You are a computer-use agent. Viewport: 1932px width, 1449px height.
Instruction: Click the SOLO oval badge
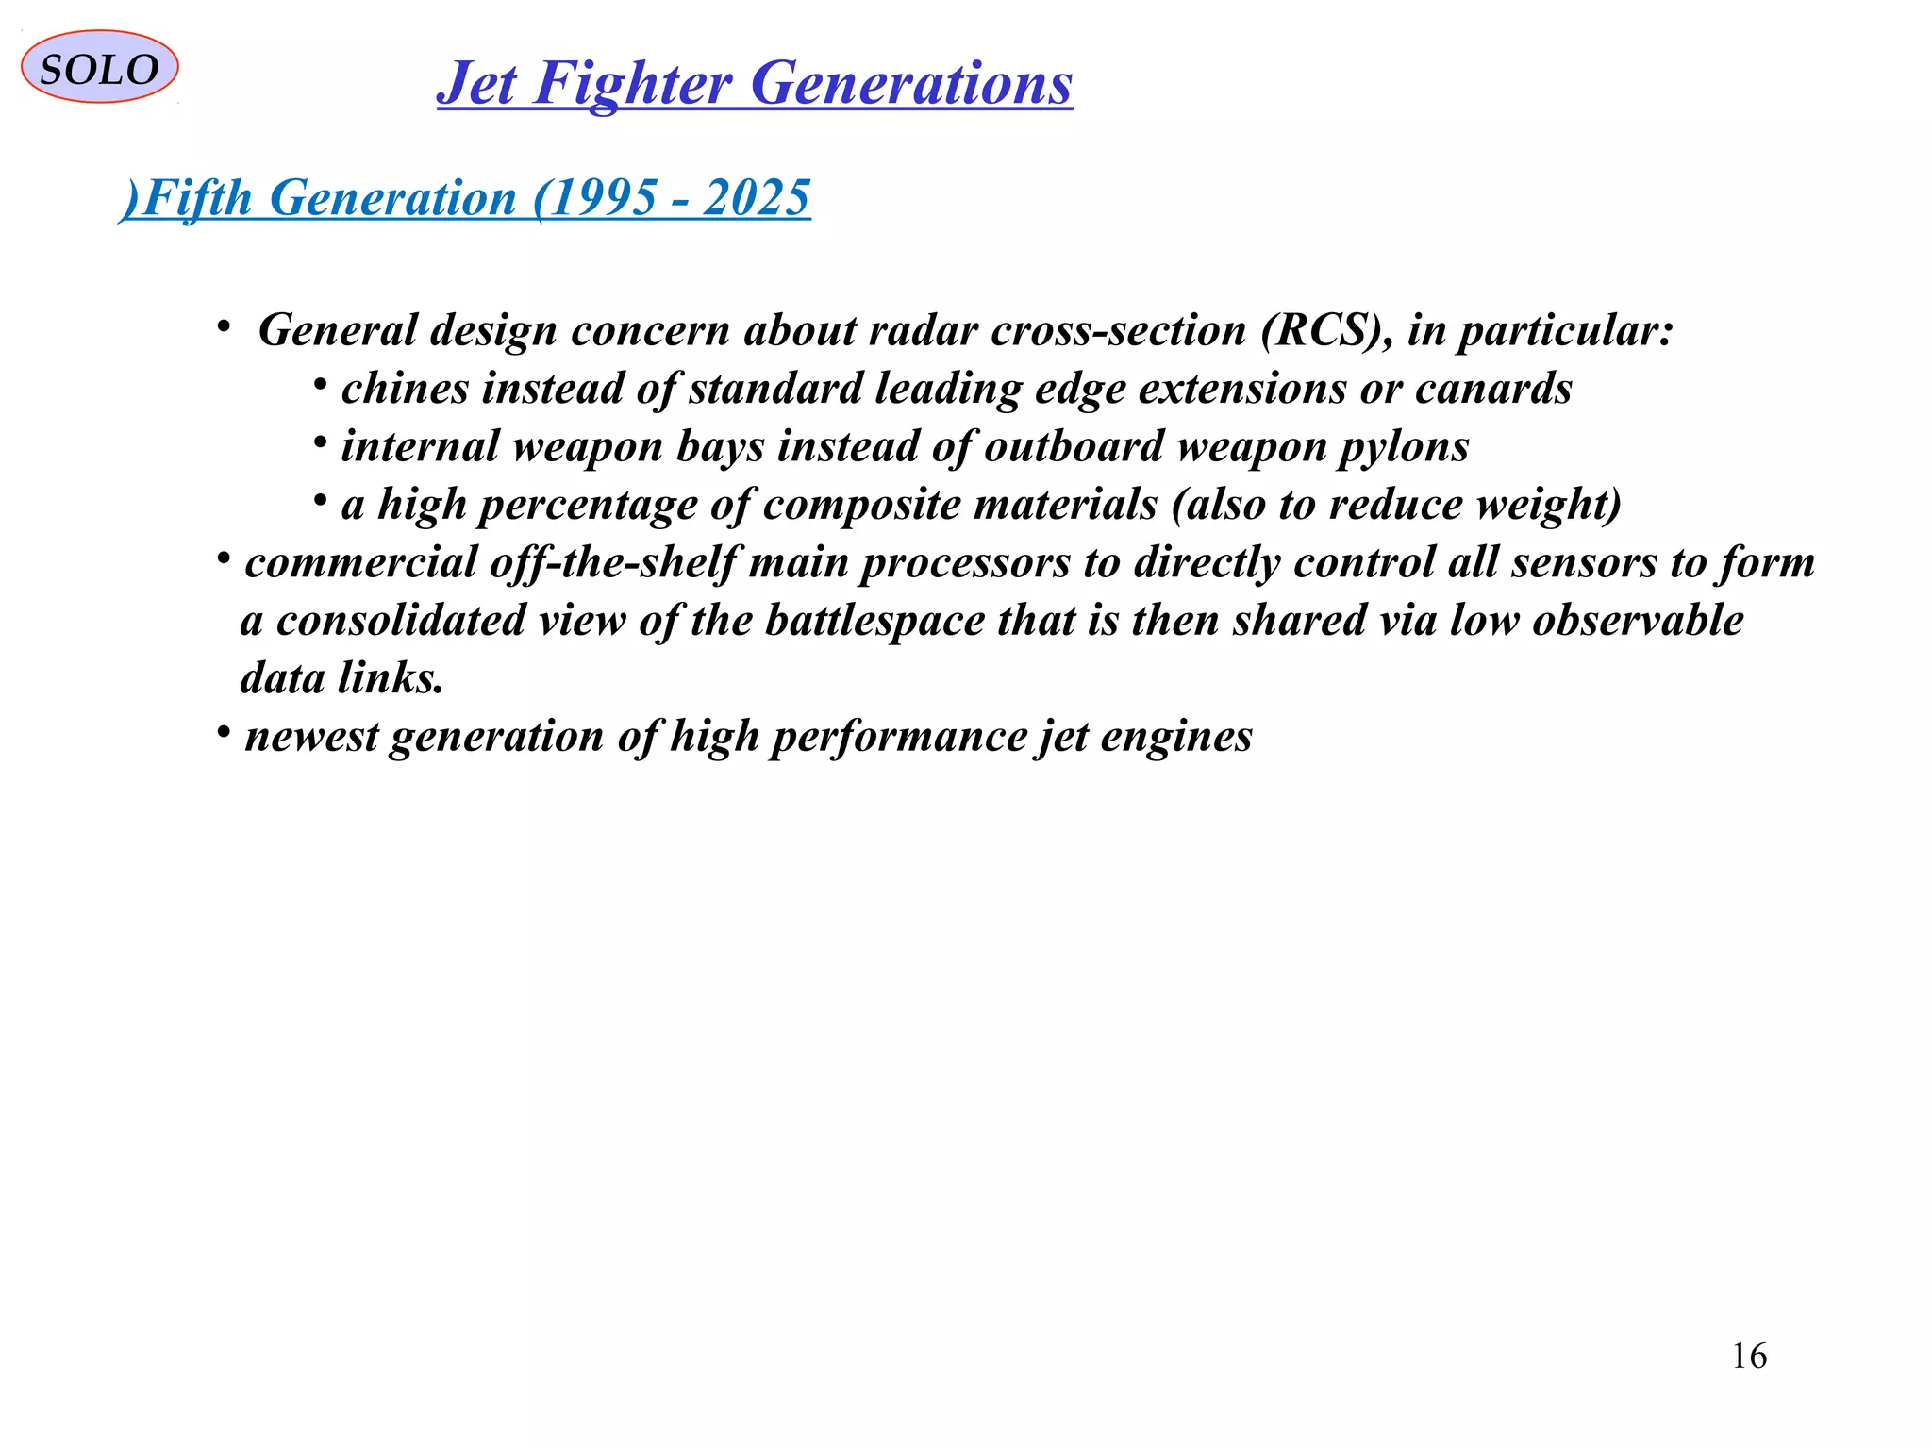pyautogui.click(x=99, y=67)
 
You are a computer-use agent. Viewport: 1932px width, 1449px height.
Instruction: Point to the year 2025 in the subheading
pyautogui.click(x=757, y=198)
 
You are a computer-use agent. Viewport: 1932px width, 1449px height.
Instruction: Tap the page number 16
pyautogui.click(x=1749, y=1356)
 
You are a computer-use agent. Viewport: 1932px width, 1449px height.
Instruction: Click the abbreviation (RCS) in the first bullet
pyautogui.click(x=1326, y=330)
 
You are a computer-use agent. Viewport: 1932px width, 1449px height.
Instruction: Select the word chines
pyautogui.click(x=405, y=389)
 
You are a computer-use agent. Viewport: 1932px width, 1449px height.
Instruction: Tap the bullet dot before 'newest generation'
pyautogui.click(x=224, y=732)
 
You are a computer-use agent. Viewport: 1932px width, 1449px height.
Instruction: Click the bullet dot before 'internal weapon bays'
pyautogui.click(x=321, y=441)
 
